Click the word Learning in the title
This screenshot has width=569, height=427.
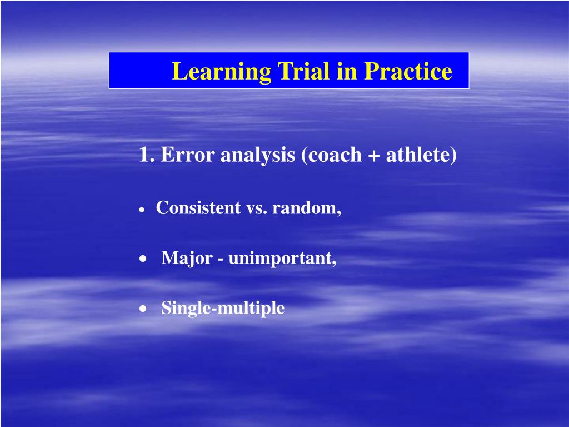coord(221,72)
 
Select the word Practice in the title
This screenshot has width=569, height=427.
coord(408,71)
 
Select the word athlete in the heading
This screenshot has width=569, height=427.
coord(421,155)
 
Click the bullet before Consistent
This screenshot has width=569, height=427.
coord(142,210)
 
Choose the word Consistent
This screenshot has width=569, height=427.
coord(198,208)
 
